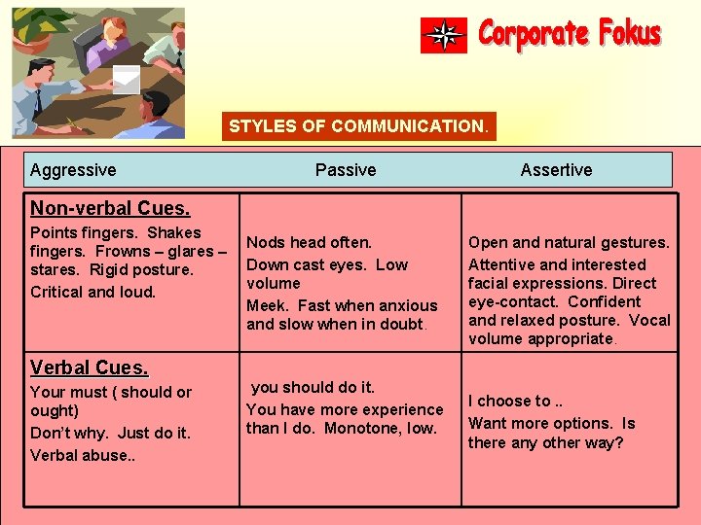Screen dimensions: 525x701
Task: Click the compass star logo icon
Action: click(x=444, y=35)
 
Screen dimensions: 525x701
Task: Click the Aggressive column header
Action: click(x=73, y=170)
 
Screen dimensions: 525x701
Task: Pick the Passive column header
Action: click(x=346, y=170)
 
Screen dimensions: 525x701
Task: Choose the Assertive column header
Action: click(x=556, y=170)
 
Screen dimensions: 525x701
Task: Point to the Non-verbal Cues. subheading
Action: click(x=110, y=208)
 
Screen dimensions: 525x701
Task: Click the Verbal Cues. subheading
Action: click(x=90, y=367)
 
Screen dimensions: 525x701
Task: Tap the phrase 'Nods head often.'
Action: click(x=309, y=243)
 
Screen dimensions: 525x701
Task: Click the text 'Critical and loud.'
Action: click(x=92, y=292)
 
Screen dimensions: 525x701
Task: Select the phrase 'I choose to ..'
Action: click(x=517, y=401)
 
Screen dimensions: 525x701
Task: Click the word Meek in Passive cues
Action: click(x=266, y=305)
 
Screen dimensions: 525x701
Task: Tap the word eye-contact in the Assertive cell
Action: click(x=512, y=301)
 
